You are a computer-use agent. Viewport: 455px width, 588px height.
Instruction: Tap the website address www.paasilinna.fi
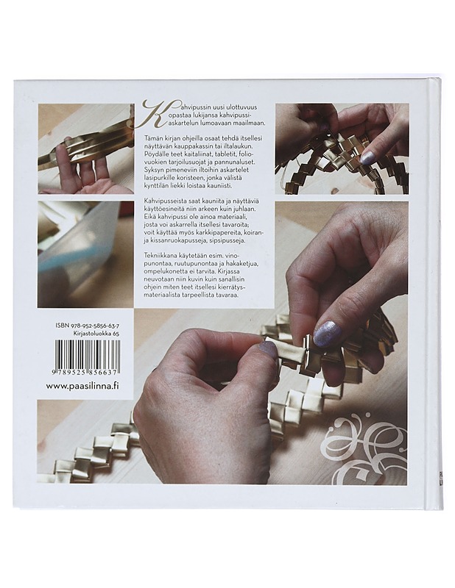click(x=82, y=387)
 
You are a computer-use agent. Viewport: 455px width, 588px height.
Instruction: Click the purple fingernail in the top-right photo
click(x=369, y=157)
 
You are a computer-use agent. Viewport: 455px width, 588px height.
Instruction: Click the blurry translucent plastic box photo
click(x=85, y=254)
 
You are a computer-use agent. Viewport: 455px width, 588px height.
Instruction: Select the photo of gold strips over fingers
click(x=85, y=148)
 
